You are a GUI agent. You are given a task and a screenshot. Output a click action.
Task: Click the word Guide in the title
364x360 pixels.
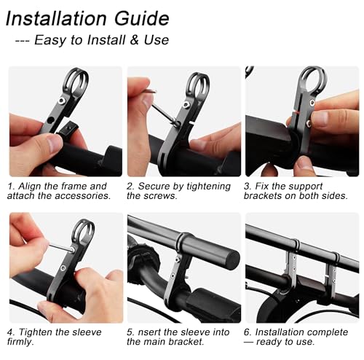coord(142,19)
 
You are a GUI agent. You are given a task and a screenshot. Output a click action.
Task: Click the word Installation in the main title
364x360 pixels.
coord(56,18)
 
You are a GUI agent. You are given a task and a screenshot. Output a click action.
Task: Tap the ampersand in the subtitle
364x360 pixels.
coord(134,40)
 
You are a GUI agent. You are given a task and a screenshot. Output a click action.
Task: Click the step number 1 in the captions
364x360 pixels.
coord(11,187)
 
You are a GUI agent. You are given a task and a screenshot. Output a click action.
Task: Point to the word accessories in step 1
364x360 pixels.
coord(82,196)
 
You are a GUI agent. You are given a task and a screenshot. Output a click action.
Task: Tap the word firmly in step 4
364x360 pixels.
coord(20,342)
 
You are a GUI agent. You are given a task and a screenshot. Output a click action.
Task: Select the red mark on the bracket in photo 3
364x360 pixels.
coord(298,112)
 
